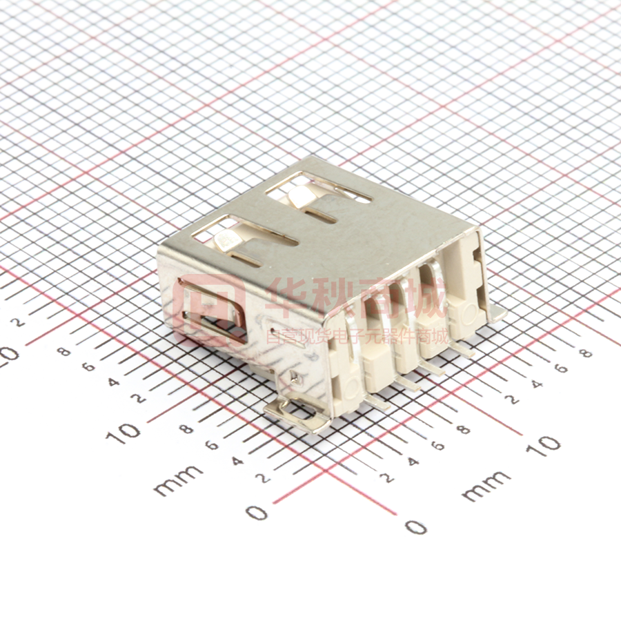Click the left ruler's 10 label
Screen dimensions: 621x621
click(124, 432)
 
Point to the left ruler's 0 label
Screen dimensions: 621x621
click(257, 512)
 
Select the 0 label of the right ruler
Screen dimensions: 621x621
click(415, 527)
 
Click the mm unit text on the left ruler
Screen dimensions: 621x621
click(178, 480)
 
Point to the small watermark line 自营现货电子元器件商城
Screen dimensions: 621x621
click(357, 337)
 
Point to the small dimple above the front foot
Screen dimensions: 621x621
click(297, 377)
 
